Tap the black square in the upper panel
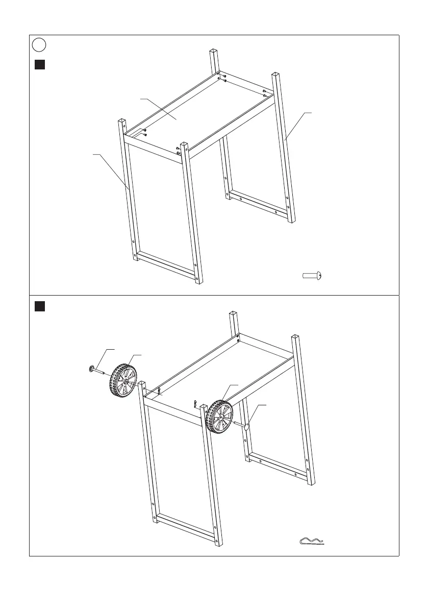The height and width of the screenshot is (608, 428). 40,65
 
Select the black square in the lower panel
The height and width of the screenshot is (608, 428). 40,306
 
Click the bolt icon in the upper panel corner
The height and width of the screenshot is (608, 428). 312,276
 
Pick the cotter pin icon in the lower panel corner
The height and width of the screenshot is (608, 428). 312,541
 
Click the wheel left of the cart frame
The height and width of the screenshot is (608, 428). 122,380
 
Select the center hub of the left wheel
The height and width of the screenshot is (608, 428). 125,381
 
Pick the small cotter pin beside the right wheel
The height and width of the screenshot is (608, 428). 196,404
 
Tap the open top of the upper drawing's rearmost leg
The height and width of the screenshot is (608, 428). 214,50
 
